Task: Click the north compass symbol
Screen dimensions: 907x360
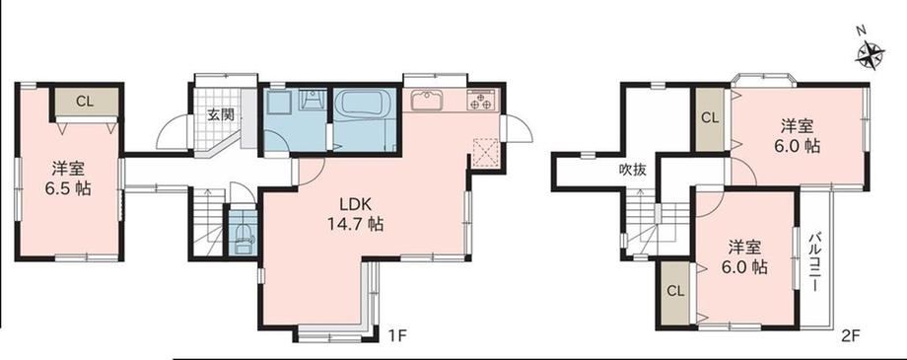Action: click(870, 55)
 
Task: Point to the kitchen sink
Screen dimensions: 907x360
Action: click(427, 101)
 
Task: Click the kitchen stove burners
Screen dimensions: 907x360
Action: click(482, 101)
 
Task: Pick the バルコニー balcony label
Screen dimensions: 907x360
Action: click(814, 262)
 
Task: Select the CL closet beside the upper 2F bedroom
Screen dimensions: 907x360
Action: click(710, 119)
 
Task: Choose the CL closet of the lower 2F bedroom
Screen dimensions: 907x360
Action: click(675, 292)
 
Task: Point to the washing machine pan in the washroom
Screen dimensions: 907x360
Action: click(279, 107)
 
